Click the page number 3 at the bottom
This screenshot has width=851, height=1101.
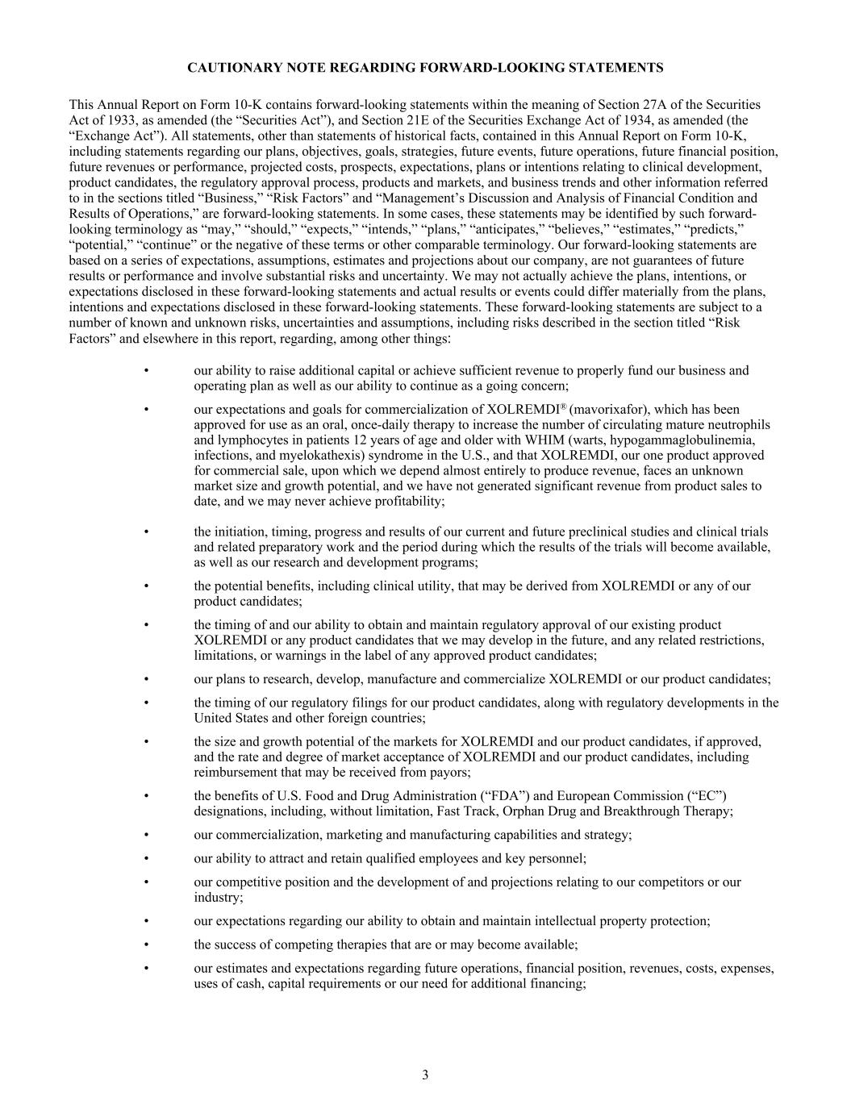tap(425, 1074)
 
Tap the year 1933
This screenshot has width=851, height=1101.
tap(102, 120)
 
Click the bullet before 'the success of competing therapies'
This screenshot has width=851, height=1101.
tap(146, 945)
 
